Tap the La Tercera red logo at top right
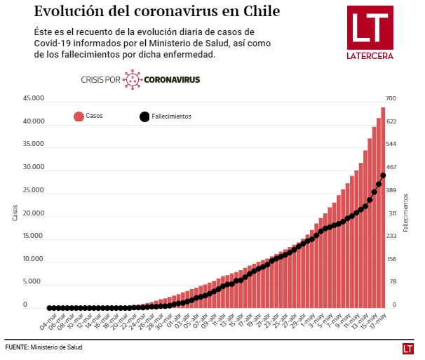pyautogui.click(x=370, y=32)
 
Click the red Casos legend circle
pyautogui.click(x=78, y=116)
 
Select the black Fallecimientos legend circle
pyautogui.click(x=144, y=116)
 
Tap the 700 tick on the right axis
pyautogui.click(x=391, y=99)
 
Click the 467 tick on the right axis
pyautogui.click(x=391, y=168)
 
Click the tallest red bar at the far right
pyautogui.click(x=384, y=211)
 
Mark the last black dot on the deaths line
pyautogui.click(x=384, y=175)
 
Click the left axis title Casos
pyautogui.click(x=15, y=213)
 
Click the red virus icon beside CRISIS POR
pyautogui.click(x=132, y=79)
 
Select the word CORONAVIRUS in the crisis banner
pyautogui.click(x=172, y=80)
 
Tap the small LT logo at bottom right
pyautogui.click(x=407, y=348)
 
